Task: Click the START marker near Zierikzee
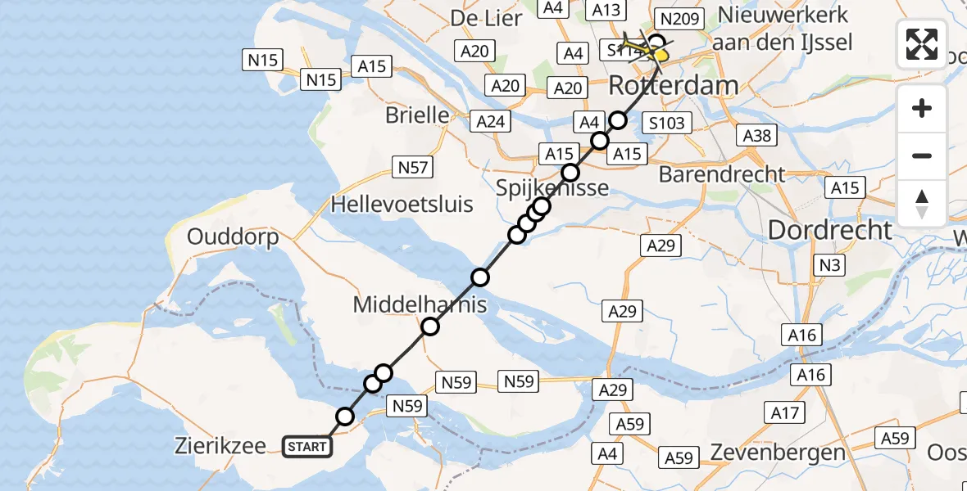click(x=307, y=447)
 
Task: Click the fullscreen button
click(x=922, y=43)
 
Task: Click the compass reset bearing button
click(x=922, y=204)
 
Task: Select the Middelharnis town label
click(x=420, y=306)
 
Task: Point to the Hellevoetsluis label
click(x=402, y=204)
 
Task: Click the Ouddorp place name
click(x=233, y=237)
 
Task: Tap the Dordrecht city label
click(x=830, y=230)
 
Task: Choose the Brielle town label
click(x=417, y=115)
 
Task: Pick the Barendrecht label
click(x=722, y=174)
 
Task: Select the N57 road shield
click(x=412, y=168)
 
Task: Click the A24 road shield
click(x=491, y=122)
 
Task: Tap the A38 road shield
click(x=756, y=135)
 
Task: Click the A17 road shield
click(x=784, y=413)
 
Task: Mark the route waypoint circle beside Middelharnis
click(x=430, y=327)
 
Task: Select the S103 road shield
click(x=666, y=124)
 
